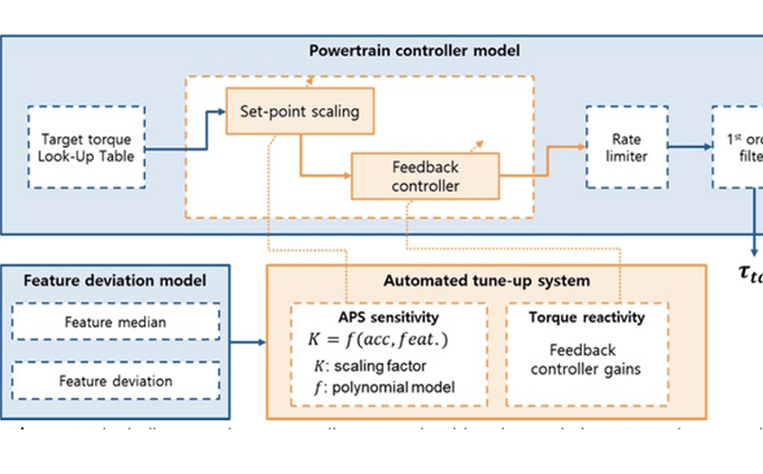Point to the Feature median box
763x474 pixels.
[115, 322]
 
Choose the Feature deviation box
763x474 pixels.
[115, 381]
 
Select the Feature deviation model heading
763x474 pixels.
[116, 281]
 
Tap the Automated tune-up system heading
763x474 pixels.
[486, 281]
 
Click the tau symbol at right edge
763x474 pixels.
[749, 274]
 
